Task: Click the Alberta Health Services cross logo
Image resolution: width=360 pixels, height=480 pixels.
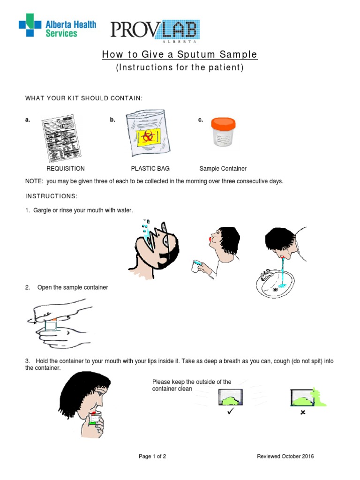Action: coord(30,25)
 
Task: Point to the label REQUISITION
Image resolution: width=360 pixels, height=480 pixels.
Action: coord(66,169)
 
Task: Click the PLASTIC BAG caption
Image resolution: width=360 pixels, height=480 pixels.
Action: coord(150,169)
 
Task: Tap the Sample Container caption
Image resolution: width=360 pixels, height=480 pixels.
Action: coord(223,169)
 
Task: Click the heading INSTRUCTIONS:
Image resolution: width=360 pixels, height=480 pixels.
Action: coord(51,195)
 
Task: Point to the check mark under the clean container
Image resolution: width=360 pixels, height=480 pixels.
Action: coord(230,412)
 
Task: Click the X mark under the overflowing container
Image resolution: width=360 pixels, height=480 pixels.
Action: coord(303,412)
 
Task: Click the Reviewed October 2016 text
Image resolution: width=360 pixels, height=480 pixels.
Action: coord(285,457)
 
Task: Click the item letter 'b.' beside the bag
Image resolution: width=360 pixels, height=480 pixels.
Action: coord(112,120)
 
